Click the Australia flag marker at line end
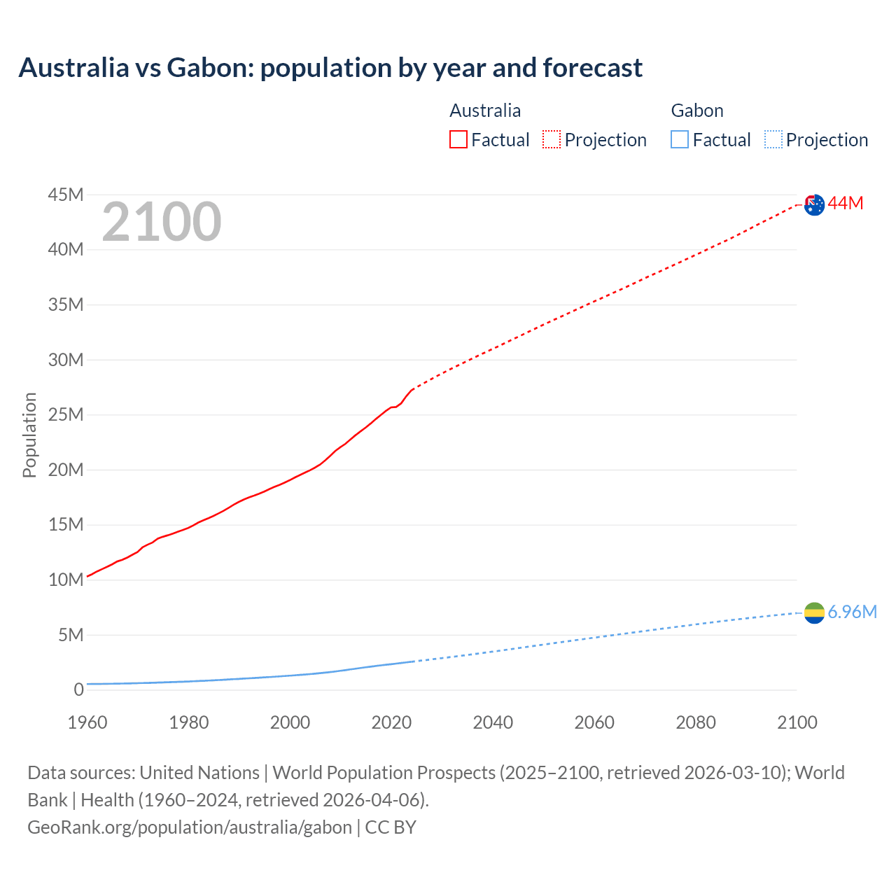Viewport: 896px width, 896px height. click(814, 205)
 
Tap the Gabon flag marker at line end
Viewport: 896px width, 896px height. click(814, 613)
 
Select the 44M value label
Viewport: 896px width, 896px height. click(846, 204)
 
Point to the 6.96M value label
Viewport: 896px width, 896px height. click(853, 612)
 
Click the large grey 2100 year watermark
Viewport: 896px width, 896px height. click(162, 223)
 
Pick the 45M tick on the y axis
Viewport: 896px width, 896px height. click(66, 195)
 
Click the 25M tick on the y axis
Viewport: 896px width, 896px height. click(66, 415)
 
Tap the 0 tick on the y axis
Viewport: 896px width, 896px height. click(78, 690)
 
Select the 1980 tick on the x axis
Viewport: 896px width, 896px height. click(188, 722)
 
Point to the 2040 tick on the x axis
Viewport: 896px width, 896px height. click(493, 722)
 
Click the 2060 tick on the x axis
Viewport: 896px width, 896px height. click(594, 722)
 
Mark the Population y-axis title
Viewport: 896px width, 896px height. click(29, 435)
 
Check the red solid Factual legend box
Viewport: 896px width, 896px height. click(458, 140)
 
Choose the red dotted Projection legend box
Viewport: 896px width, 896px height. click(552, 140)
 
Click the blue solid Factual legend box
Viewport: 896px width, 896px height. click(680, 140)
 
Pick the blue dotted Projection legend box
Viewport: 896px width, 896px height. click(773, 140)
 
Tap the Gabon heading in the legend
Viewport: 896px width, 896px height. click(697, 111)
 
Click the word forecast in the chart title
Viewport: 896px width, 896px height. click(592, 68)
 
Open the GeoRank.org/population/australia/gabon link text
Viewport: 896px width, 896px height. click(190, 827)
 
